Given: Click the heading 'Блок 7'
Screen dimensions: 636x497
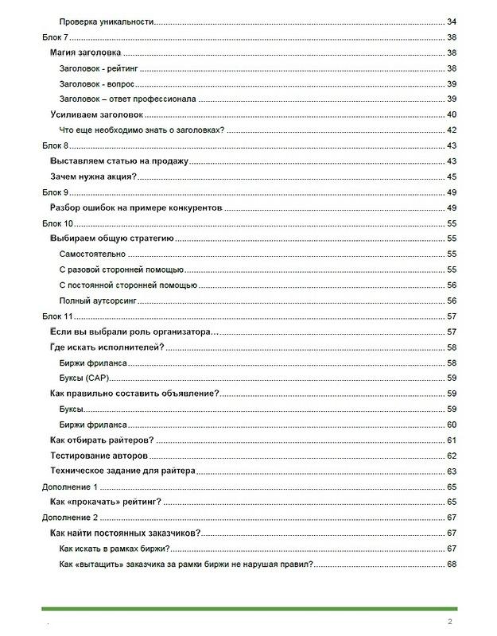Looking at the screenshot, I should (56, 37).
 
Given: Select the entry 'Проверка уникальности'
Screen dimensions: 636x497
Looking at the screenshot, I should (106, 21).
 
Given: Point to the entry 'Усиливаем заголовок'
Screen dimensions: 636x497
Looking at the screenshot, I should (95, 114).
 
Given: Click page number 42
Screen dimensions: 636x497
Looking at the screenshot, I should (451, 130).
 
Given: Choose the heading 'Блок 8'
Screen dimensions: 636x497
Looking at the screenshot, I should (56, 145).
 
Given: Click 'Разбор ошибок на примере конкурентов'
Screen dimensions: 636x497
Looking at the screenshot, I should (134, 207).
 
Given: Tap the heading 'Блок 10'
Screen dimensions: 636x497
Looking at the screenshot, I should (58, 223).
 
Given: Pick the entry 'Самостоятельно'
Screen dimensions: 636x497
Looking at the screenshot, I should (94, 254).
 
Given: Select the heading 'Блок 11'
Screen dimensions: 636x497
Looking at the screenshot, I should (58, 316).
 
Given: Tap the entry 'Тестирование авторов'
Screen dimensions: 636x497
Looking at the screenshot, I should (98, 456).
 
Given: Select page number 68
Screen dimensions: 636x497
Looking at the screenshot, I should (451, 564).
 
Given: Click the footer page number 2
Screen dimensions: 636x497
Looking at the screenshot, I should (450, 621).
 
